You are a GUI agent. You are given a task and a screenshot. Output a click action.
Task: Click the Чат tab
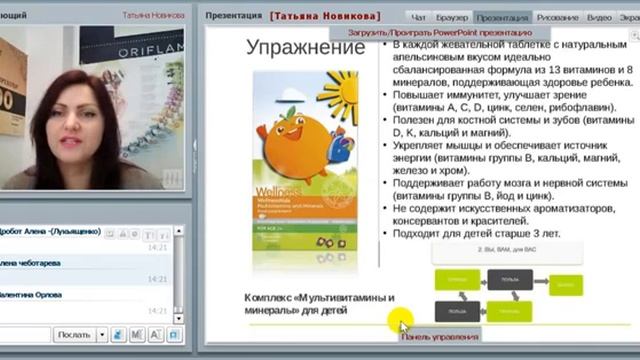[419, 17]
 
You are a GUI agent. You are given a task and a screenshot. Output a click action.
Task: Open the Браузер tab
[452, 17]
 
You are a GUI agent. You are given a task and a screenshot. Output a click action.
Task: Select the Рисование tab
[557, 17]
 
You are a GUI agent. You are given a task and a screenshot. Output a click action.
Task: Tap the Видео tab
[599, 17]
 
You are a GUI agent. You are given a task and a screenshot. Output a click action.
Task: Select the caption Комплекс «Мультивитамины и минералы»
[319, 304]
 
